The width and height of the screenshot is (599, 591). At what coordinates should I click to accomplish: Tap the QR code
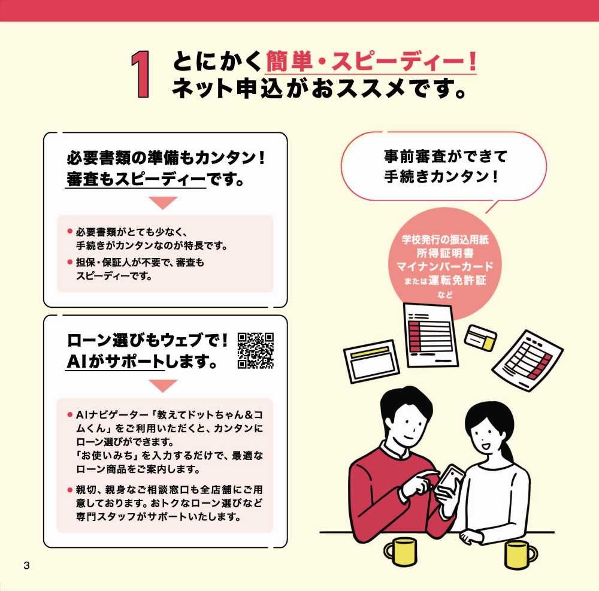256,350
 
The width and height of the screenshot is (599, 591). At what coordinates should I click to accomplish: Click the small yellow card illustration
482,338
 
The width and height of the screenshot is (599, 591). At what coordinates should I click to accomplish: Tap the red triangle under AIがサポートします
163,385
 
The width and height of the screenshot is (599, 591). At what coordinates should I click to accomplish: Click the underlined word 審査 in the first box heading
82,179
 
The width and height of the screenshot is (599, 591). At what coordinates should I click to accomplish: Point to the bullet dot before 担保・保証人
69,262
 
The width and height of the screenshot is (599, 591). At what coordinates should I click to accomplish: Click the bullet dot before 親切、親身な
69,490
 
